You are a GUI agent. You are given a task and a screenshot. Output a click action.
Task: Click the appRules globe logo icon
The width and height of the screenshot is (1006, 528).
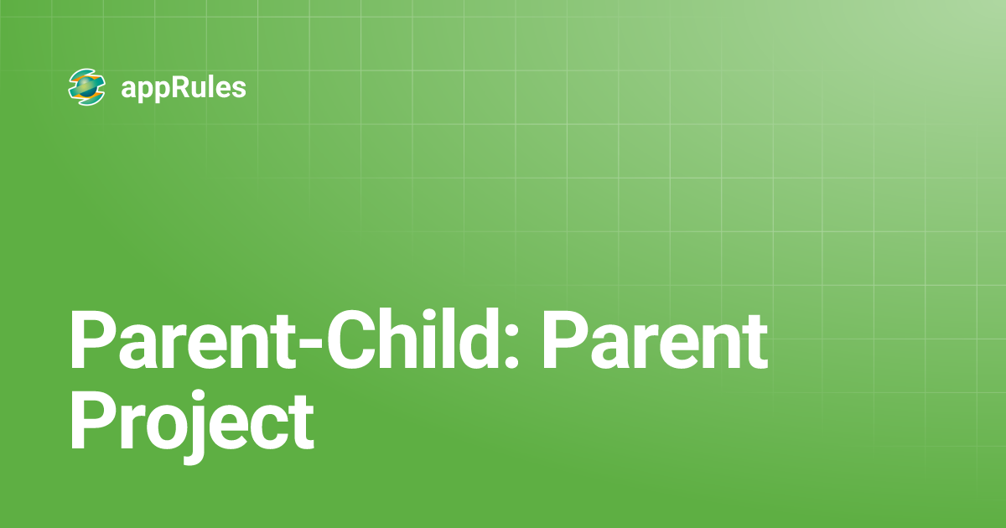(87, 87)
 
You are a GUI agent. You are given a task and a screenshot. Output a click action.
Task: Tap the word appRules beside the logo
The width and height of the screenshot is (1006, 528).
(184, 88)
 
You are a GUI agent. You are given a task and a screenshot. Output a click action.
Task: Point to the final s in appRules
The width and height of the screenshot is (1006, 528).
(240, 90)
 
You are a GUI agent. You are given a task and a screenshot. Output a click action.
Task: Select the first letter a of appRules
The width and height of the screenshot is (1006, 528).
(129, 90)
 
